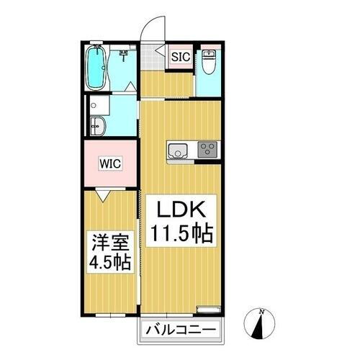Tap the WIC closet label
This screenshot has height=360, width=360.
pos(110,163)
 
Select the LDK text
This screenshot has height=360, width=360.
pos(181,212)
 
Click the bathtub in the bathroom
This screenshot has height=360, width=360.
pos(95,68)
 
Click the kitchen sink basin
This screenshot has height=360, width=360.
pos(177,150)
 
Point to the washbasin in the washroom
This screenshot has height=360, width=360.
pos(98,127)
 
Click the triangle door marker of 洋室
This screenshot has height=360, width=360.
pos(102,193)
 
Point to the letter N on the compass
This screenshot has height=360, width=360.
pos(263,310)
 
